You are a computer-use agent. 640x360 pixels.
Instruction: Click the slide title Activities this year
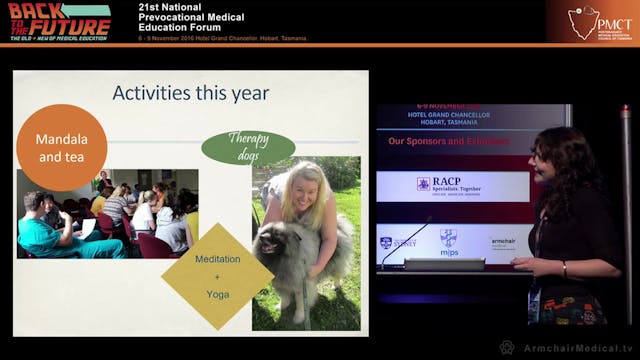click(191, 93)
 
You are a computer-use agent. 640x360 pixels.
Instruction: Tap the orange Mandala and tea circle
click(62, 147)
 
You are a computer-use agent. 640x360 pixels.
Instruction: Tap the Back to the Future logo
click(59, 20)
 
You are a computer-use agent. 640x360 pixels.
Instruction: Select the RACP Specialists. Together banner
click(453, 184)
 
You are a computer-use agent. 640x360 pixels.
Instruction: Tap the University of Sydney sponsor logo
click(398, 242)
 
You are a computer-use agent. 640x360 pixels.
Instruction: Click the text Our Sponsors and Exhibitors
click(449, 142)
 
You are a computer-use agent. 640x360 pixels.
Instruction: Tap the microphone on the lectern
click(405, 244)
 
